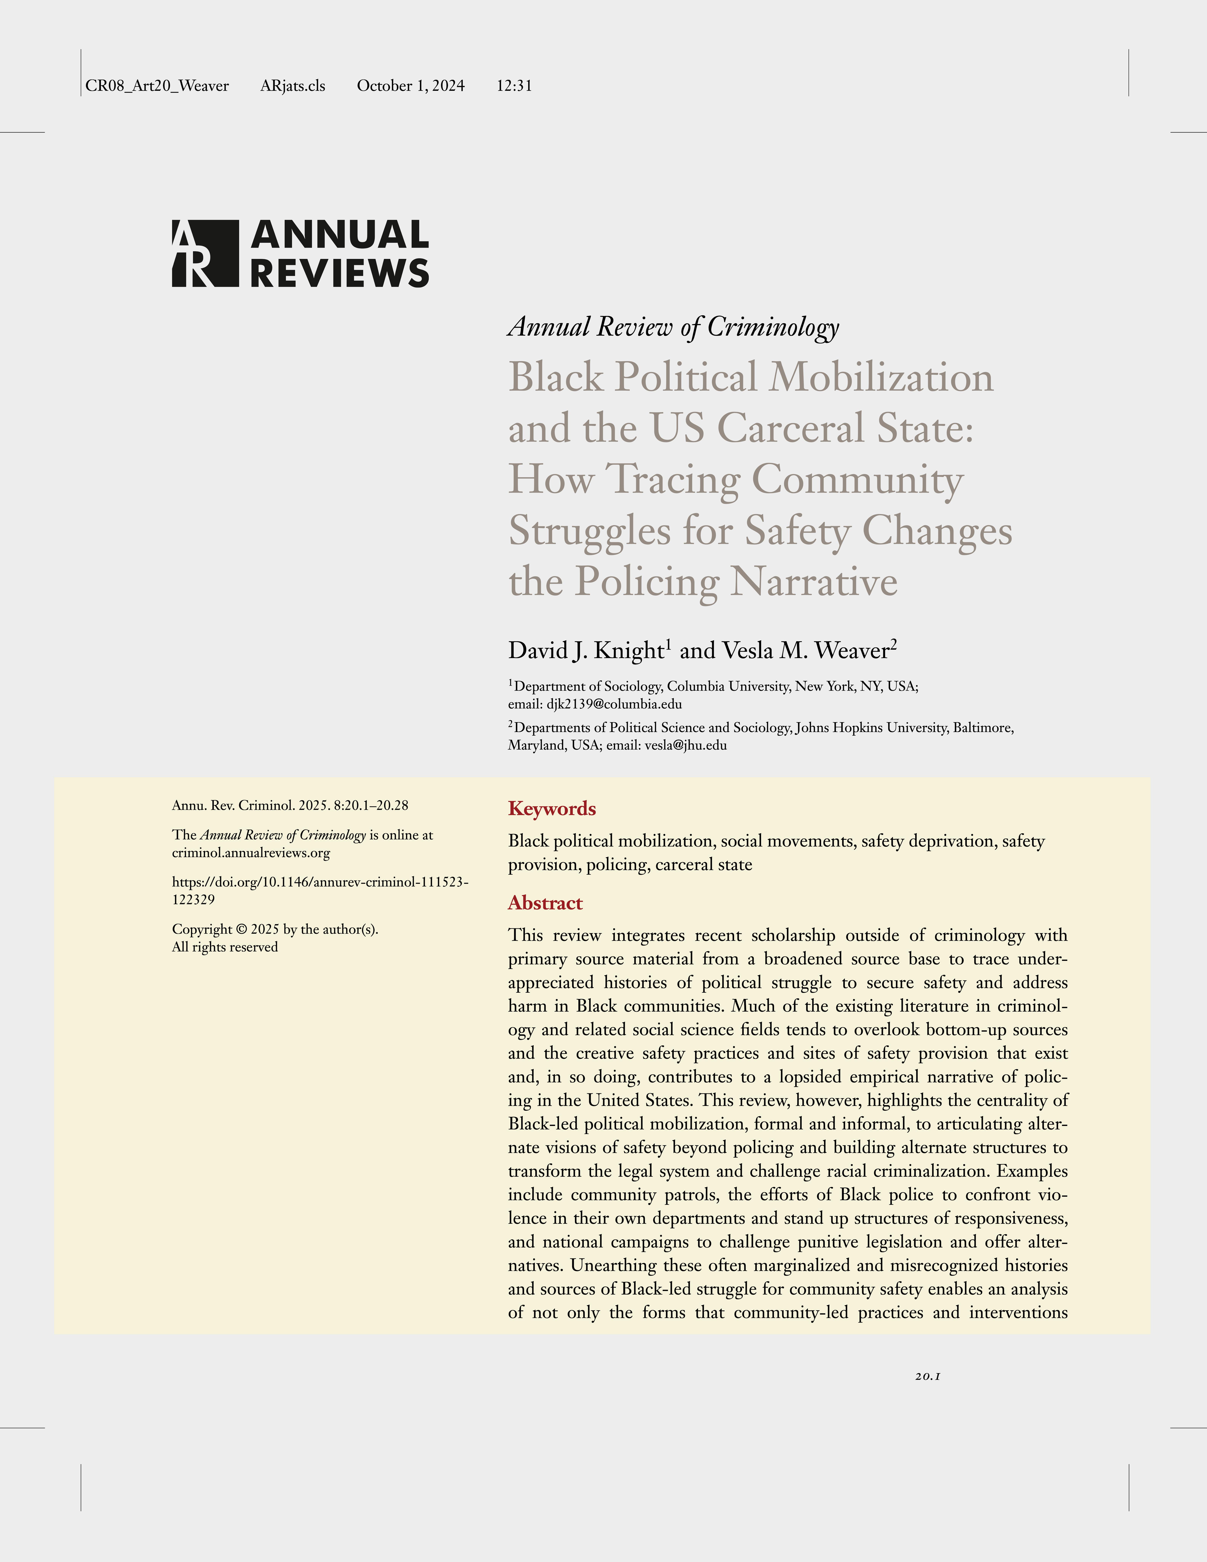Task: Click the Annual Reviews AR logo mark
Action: [205, 254]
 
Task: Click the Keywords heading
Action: [552, 809]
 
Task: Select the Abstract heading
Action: [545, 903]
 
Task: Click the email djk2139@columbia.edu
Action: [614, 704]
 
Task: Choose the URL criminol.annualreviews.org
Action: [250, 853]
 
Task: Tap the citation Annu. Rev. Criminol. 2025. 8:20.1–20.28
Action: [290, 805]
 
